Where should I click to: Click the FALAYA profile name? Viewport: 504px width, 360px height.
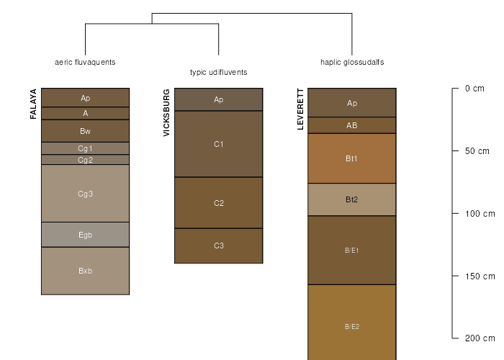tap(33, 104)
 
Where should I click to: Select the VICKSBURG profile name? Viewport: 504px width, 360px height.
tap(166, 113)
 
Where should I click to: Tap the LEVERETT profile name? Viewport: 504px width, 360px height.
tap(300, 109)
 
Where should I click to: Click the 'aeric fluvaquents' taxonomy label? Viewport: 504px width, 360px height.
tap(85, 62)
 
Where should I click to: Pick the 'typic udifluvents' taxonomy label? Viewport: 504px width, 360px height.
tap(219, 72)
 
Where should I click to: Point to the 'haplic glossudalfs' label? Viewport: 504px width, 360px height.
tap(352, 62)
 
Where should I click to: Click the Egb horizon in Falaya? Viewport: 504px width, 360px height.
tap(85, 235)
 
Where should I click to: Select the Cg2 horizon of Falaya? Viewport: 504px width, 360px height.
tap(85, 160)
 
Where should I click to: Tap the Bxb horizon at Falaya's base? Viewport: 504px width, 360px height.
tap(85, 271)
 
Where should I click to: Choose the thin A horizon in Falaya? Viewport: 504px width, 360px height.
tap(85, 113)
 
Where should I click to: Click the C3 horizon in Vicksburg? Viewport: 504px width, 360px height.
tap(219, 246)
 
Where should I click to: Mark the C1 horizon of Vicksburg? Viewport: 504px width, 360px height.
tap(219, 144)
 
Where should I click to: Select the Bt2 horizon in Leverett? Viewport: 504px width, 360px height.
tap(352, 199)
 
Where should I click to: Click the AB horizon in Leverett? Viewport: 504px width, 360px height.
tap(352, 125)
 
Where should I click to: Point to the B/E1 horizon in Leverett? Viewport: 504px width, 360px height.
tap(352, 250)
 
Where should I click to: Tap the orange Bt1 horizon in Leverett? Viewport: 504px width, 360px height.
tap(352, 158)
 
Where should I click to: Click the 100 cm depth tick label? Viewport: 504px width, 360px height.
tap(480, 214)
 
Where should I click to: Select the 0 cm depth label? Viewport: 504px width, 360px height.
tap(474, 89)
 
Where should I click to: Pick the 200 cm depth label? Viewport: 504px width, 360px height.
tap(480, 338)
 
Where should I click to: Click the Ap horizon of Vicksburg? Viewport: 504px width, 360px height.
tap(219, 99)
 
